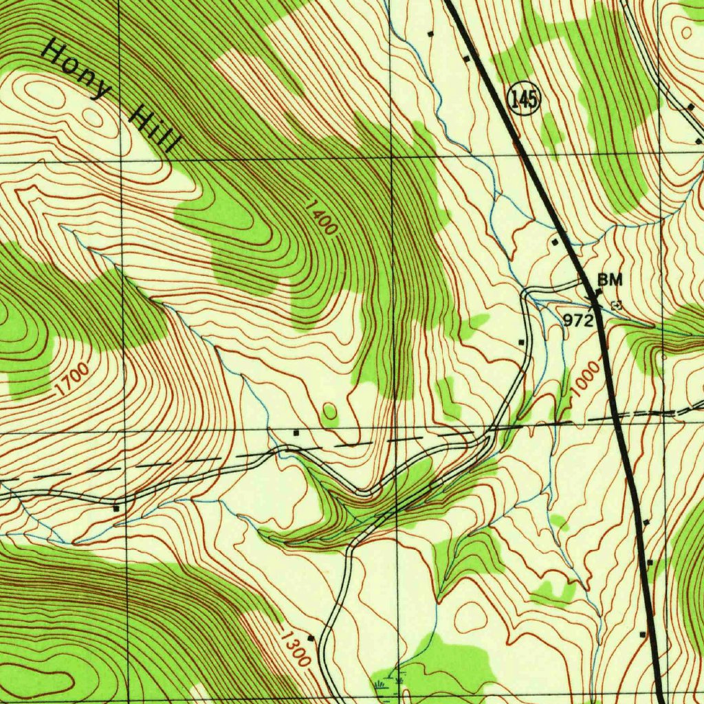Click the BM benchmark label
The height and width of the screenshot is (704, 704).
(610, 279)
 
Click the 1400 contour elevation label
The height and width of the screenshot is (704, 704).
(321, 217)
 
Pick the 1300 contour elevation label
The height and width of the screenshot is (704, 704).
(295, 646)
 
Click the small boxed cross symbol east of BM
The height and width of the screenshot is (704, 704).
(615, 305)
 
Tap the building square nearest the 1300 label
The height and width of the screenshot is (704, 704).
(311, 638)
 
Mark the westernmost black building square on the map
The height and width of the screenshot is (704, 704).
(115, 509)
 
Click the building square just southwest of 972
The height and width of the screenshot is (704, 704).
(521, 342)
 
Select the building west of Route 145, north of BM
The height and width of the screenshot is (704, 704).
(555, 242)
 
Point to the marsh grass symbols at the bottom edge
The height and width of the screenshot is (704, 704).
(389, 683)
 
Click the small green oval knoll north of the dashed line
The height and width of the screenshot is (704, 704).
(330, 412)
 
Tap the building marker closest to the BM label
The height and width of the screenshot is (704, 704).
(598, 293)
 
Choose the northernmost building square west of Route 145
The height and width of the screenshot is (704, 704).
(431, 33)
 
